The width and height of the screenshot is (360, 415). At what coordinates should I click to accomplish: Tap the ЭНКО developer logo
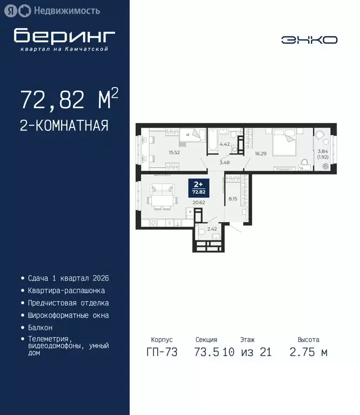309,39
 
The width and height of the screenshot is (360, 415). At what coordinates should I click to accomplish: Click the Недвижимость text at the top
66,10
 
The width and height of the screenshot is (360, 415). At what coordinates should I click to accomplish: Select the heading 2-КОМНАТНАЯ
64,126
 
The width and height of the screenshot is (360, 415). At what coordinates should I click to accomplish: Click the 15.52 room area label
159,153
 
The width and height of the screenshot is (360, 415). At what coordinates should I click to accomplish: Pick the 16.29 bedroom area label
261,153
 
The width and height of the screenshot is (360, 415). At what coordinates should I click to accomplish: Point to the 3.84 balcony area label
323,151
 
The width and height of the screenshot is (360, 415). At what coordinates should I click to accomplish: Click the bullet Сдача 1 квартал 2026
68,278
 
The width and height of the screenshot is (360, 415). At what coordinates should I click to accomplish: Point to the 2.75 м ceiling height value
309,352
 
